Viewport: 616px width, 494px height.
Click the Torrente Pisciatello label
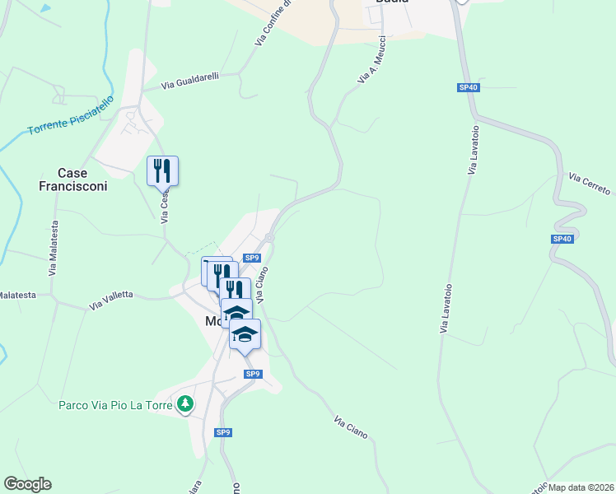(x=71, y=119)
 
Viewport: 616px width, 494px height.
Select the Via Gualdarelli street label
(x=190, y=81)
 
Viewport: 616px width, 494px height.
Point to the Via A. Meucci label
(x=372, y=59)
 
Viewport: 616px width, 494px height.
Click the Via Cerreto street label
(x=589, y=184)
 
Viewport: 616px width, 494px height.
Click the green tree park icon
(x=187, y=403)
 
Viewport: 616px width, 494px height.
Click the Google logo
(x=27, y=484)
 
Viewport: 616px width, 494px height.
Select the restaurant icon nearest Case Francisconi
(x=162, y=170)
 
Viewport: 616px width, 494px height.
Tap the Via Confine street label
(x=274, y=23)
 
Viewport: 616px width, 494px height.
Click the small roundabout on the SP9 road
(x=269, y=238)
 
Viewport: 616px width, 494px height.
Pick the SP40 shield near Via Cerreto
(x=562, y=239)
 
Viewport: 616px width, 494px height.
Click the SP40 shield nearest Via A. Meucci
(x=469, y=87)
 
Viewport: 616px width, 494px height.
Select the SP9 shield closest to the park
(x=223, y=432)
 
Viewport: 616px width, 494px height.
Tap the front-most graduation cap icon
(x=245, y=333)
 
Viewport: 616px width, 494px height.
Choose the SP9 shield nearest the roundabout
(x=253, y=258)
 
